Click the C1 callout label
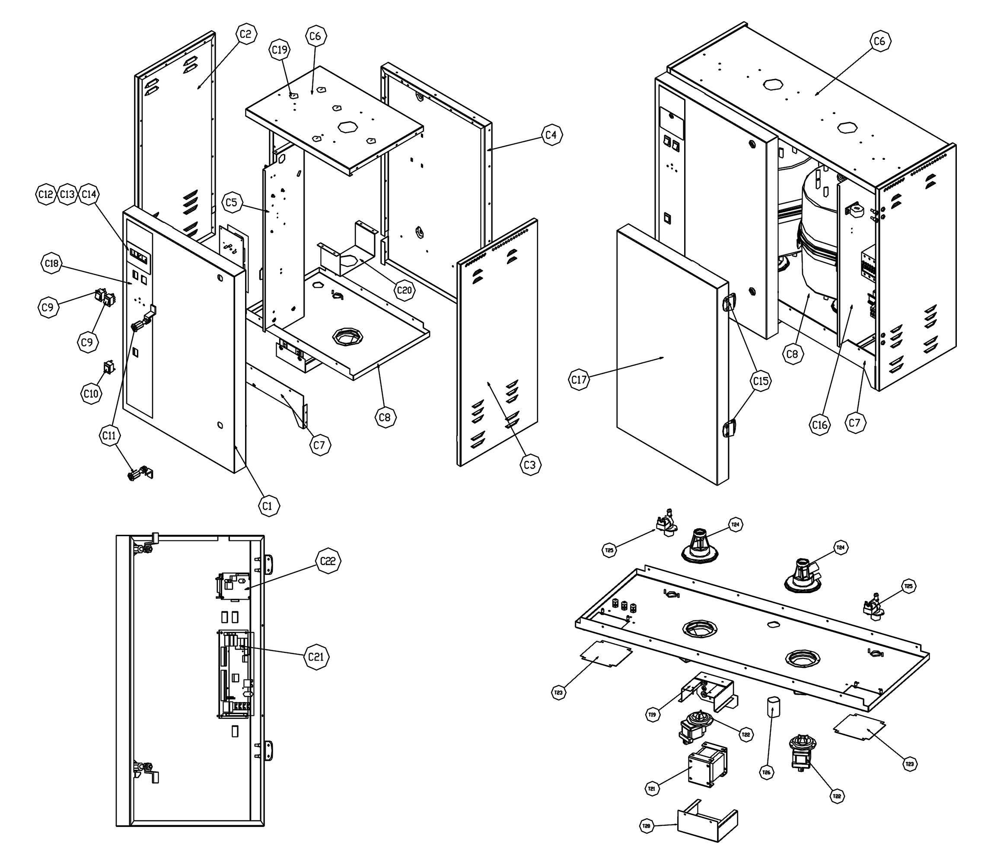coord(268,506)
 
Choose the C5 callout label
coord(232,203)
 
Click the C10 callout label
coord(91,394)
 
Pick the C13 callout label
coord(67,194)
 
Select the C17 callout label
coord(579,380)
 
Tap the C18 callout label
coord(51,263)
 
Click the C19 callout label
coord(280,50)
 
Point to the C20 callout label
coord(404,290)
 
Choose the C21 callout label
coord(316,657)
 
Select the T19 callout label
coord(652,714)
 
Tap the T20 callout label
coord(646,826)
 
